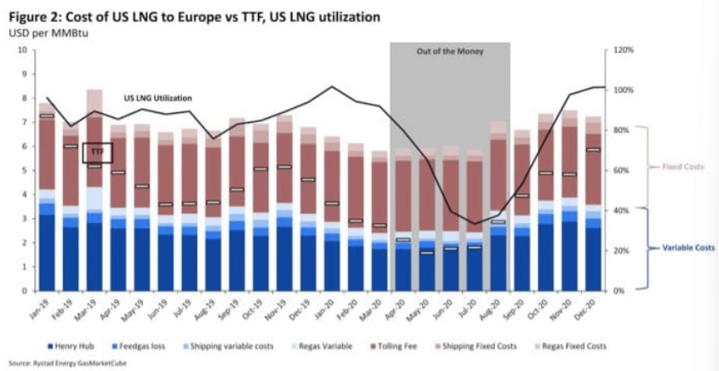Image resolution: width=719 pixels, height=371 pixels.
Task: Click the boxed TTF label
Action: point(97,153)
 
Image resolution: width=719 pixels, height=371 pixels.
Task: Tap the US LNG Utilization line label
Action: point(157,98)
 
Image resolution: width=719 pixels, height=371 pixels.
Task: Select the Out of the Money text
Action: point(449,52)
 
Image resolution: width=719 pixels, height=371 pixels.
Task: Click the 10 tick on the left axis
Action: point(22,50)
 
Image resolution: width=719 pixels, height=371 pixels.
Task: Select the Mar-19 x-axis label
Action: point(94,306)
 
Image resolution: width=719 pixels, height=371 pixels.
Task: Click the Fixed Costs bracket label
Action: point(682,167)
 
